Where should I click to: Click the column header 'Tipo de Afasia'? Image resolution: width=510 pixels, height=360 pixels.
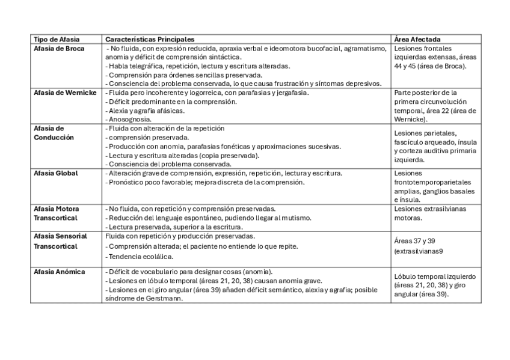57,39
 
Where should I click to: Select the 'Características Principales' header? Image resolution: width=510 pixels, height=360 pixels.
150,39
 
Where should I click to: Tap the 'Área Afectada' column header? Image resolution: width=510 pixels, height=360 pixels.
417,39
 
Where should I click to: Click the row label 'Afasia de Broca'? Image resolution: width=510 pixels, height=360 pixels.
58,48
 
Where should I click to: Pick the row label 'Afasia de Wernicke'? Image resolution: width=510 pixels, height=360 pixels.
65,93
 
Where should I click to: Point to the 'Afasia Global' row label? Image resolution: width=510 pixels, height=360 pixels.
57,173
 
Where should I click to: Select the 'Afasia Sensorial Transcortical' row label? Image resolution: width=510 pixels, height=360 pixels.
61,241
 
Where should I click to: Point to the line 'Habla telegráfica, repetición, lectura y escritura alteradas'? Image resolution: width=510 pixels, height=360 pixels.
199,66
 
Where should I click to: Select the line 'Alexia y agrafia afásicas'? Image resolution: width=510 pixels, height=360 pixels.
146,111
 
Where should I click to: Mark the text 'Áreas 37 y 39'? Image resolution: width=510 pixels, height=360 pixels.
414,240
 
